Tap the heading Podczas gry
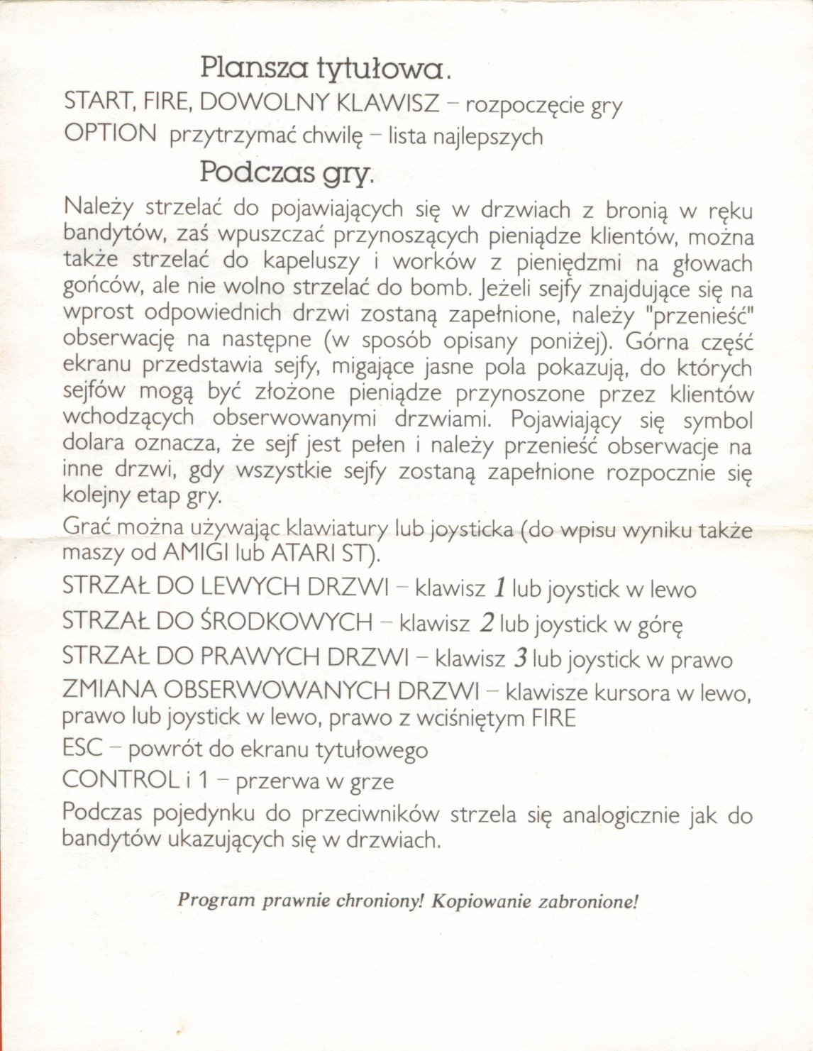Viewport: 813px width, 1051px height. (286, 172)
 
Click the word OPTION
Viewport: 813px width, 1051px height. (110, 133)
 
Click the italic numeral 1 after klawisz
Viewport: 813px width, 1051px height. (499, 588)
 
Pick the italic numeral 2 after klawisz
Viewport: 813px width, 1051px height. (487, 623)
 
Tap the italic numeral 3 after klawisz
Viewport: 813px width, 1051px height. (520, 659)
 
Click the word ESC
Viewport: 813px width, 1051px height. (82, 748)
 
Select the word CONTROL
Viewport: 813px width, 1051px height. (120, 779)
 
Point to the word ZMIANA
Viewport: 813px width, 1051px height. (109, 690)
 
